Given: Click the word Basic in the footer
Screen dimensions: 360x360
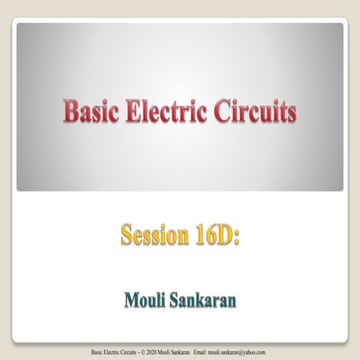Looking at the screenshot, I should click(x=97, y=352).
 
